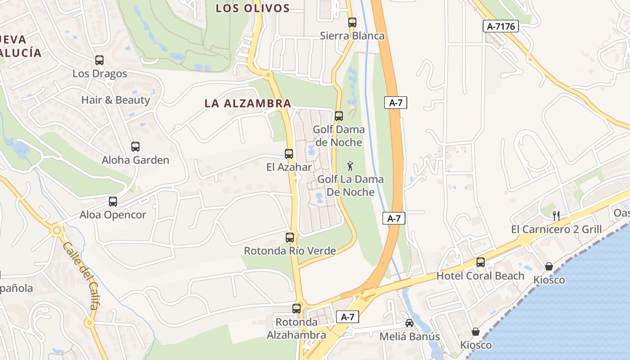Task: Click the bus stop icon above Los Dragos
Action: tap(99, 60)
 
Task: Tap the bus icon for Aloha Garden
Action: tap(135, 146)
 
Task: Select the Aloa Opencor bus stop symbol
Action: tap(113, 202)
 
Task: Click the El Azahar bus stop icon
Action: tap(289, 154)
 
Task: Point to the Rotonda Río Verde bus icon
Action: tap(290, 237)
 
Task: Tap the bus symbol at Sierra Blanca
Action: tap(352, 22)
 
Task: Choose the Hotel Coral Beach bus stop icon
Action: tap(481, 262)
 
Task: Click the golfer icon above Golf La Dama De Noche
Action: tap(351, 166)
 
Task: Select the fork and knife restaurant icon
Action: tap(556, 216)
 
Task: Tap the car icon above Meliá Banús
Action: tap(409, 323)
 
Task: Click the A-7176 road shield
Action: tap(501, 26)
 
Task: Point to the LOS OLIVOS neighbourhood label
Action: tap(252, 8)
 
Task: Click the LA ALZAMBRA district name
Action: tap(248, 103)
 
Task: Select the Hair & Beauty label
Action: tap(116, 100)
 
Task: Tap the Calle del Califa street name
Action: tap(81, 276)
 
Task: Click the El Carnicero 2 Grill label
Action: tap(556, 229)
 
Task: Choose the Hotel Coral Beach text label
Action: tap(481, 276)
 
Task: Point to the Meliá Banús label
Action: tap(409, 337)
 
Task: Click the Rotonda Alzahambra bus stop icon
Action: tap(297, 309)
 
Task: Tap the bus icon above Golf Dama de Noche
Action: tap(339, 116)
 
